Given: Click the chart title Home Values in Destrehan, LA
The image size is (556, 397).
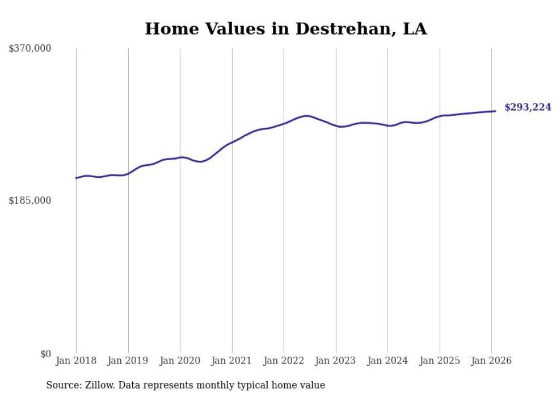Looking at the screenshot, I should [x=285, y=28].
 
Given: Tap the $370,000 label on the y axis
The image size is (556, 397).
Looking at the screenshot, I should [x=30, y=49].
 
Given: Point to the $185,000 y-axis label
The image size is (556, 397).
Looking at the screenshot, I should [x=30, y=200].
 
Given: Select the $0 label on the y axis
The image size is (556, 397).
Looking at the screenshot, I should [x=45, y=354].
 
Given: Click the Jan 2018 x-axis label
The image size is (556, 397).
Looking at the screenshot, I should [x=76, y=361].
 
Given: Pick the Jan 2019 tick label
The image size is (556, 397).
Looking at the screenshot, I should [x=128, y=361].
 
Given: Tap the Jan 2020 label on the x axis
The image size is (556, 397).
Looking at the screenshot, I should [x=180, y=361].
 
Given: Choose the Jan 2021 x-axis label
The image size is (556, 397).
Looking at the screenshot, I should [x=232, y=361].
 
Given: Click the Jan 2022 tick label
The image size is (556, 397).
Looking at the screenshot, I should [x=284, y=361].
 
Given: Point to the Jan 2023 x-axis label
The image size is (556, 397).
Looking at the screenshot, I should [x=336, y=361].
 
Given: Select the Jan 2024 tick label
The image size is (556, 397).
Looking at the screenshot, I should [x=387, y=361].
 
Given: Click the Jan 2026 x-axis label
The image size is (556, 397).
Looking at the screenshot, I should [x=491, y=361].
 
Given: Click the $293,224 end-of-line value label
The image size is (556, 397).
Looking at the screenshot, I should [x=528, y=107].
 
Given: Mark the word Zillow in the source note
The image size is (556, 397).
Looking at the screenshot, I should [x=100, y=385].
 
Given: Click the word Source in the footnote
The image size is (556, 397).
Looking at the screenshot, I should [x=62, y=385].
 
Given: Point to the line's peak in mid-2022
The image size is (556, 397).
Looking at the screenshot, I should [x=306, y=116].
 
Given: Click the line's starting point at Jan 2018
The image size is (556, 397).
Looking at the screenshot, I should [x=76, y=178].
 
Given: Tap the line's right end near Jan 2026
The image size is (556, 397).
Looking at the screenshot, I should [x=495, y=111].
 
